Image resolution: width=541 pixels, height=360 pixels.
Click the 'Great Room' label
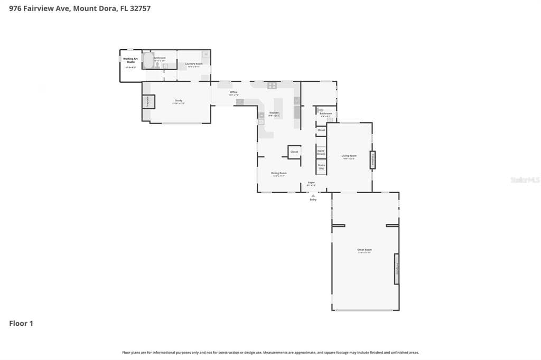365,250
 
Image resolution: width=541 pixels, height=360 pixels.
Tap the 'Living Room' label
349,156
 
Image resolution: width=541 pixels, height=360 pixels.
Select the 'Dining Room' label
279,173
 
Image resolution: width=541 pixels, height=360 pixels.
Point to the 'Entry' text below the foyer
313,200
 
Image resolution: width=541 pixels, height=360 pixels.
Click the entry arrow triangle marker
313,195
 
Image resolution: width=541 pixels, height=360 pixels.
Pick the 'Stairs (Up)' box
321,167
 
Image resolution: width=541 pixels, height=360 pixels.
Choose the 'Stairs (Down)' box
321,151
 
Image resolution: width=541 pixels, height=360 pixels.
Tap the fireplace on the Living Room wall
372,159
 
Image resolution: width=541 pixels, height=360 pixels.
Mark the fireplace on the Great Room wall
396,268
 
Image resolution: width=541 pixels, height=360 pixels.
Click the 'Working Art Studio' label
130,60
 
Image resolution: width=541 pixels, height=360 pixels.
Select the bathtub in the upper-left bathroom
147,59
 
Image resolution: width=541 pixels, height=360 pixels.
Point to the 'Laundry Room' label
193,64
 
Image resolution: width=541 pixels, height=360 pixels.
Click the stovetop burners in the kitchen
272,86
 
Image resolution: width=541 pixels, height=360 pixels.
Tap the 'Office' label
234,92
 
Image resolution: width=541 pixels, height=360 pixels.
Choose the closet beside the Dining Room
294,152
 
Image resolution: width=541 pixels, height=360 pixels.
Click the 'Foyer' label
312,183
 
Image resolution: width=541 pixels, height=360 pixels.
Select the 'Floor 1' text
21,324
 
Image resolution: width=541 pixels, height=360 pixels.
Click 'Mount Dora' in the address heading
96,8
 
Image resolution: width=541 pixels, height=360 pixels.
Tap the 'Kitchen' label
274,113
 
